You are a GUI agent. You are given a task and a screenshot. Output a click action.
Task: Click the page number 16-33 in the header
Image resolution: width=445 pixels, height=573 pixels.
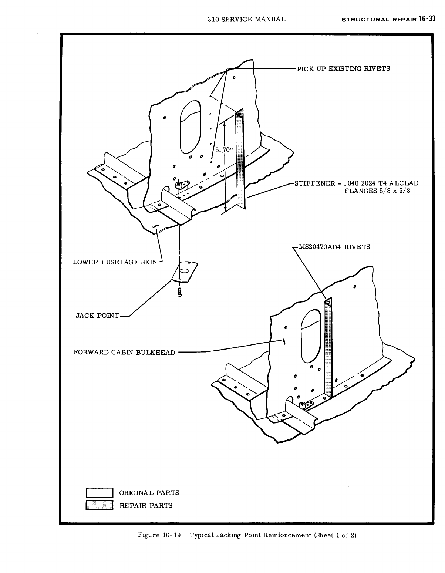[x=427, y=19]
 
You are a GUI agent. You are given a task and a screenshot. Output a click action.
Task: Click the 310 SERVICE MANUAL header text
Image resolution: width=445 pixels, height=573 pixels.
[x=247, y=19]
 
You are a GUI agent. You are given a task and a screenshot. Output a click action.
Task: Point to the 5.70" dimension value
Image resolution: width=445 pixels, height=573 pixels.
[x=224, y=150]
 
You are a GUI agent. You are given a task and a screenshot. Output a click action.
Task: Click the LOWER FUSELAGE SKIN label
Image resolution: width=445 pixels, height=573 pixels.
[x=115, y=262]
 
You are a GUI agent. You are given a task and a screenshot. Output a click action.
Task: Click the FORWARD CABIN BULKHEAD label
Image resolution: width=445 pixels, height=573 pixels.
[x=124, y=352]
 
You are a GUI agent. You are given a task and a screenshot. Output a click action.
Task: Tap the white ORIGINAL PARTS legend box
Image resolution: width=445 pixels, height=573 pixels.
[x=99, y=493]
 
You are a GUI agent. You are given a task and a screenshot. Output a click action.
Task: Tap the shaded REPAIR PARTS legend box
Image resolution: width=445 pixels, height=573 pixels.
[x=99, y=505]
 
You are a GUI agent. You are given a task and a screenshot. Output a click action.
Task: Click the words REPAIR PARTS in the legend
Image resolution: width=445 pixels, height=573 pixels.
[x=146, y=505]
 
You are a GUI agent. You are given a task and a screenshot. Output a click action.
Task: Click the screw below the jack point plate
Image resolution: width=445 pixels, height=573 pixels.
[x=180, y=292]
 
